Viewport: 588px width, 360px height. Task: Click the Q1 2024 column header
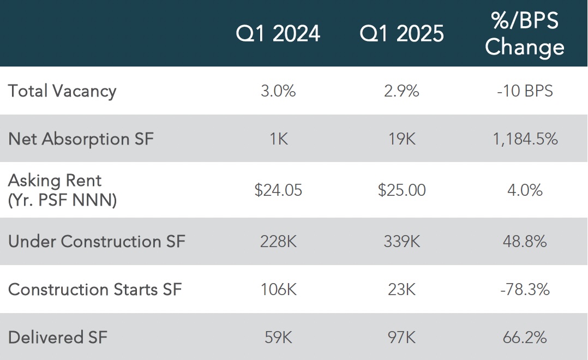278,34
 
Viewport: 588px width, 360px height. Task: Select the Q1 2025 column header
401,34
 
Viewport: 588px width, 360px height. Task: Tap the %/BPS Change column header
525,34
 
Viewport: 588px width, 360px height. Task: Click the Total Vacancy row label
62,91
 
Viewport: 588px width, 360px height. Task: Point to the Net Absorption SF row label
81,139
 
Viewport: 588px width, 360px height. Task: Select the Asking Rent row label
62,190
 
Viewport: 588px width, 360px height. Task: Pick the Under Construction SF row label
97,241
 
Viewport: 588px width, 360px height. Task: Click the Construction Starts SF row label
95,290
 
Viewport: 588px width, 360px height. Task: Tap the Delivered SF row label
58,337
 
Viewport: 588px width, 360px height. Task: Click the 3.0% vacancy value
278,91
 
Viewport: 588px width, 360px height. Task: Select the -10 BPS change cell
525,91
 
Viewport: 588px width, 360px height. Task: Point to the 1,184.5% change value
525,139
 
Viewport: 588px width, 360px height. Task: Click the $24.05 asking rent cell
278,190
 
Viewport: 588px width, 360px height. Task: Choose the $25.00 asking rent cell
401,190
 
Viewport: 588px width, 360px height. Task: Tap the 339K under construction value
401,242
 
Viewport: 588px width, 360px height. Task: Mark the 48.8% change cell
525,242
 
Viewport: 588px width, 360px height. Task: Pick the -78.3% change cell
525,290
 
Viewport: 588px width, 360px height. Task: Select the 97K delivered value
401,338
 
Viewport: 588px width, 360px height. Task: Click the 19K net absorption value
401,139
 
